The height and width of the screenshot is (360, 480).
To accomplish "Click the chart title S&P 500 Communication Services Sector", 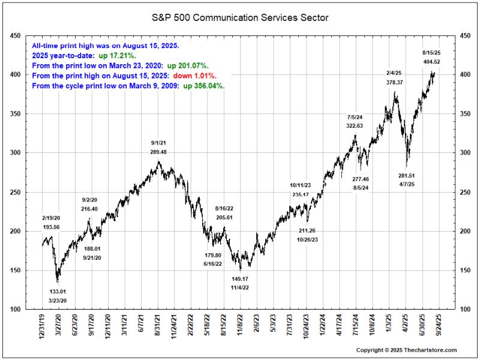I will pos(240,18).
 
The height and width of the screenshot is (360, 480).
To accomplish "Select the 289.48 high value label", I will pos(158,152).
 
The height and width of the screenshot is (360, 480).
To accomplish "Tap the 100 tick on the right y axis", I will pos(464,310).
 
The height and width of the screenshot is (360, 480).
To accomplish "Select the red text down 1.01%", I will pos(195,76).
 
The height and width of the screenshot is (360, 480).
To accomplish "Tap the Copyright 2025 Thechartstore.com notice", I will pos(406,350).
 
